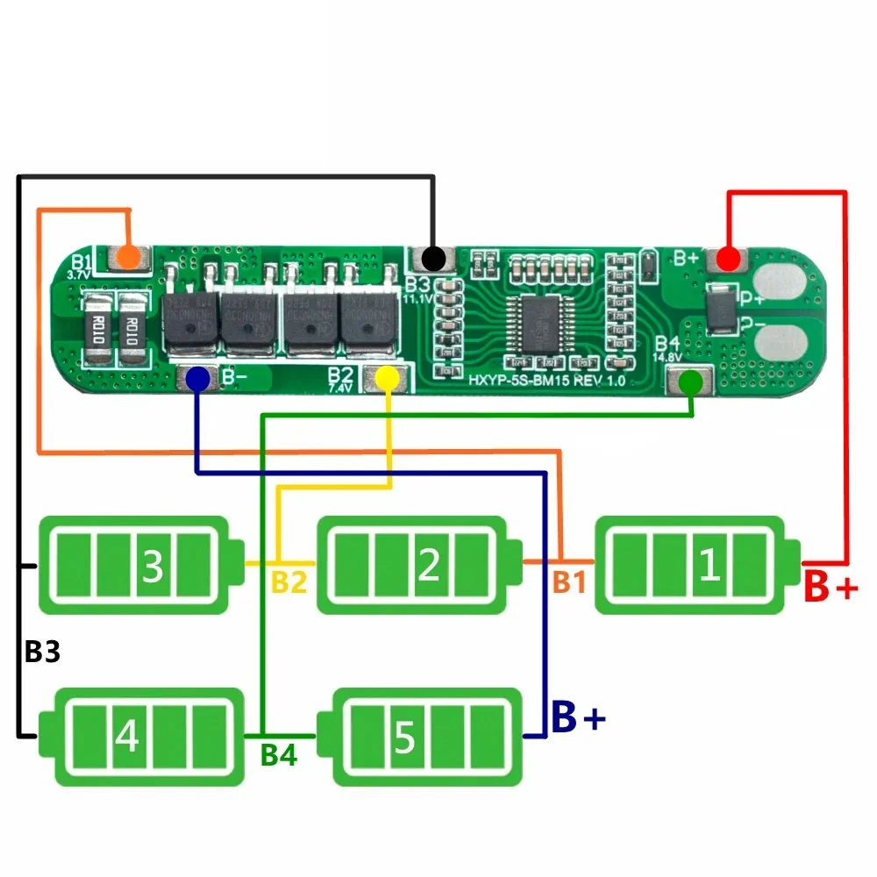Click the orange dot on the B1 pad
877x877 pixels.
pos(128,258)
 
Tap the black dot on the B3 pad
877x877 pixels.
pos(431,259)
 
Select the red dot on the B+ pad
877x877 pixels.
pos(727,259)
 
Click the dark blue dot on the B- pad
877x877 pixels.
pos(198,379)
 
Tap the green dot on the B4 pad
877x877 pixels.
pos(690,381)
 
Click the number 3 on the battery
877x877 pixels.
pos(153,567)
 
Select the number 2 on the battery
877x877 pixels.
pos(429,567)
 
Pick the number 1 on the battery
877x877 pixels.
pos(709,567)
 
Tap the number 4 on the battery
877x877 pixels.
pos(127,737)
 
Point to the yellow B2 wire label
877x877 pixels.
pos(289,582)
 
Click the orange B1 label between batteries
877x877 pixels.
pos(568,582)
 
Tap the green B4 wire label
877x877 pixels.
pos(278,755)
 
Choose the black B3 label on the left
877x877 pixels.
pos(42,652)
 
